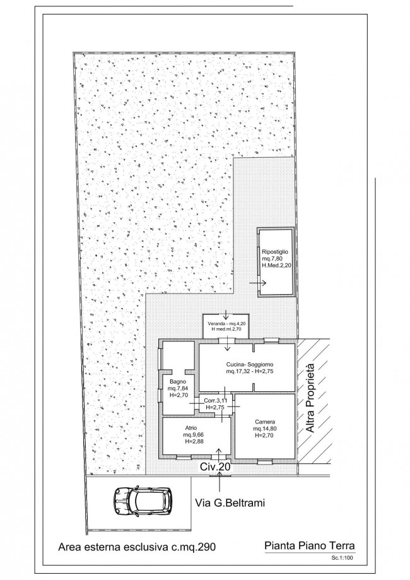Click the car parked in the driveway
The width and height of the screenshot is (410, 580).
pyautogui.click(x=143, y=500)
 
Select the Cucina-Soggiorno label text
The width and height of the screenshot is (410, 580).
pyautogui.click(x=250, y=365)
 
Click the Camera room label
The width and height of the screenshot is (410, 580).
pyautogui.click(x=265, y=422)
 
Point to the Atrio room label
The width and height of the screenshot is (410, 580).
pyautogui.click(x=191, y=428)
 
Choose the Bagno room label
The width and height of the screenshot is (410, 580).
pyautogui.click(x=177, y=381)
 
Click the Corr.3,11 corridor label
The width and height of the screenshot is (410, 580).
pyautogui.click(x=216, y=400)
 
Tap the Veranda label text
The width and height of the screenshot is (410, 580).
pyautogui.click(x=215, y=323)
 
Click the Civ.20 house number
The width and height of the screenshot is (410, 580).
pyautogui.click(x=215, y=467)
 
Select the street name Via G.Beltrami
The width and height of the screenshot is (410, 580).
pyautogui.click(x=230, y=503)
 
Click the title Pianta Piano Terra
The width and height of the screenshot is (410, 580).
pyautogui.click(x=310, y=545)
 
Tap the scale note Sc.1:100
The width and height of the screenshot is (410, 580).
pyautogui.click(x=343, y=559)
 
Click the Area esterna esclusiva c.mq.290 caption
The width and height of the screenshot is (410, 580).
pyautogui.click(x=137, y=547)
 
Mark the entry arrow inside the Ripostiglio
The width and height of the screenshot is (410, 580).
pyautogui.click(x=258, y=283)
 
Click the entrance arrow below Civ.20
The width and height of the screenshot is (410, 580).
pyautogui.click(x=220, y=482)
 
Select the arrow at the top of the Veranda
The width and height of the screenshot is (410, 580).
pyautogui.click(x=226, y=315)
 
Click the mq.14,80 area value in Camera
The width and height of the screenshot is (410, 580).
pyautogui.click(x=265, y=429)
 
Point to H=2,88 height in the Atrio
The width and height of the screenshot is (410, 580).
pyautogui.click(x=194, y=441)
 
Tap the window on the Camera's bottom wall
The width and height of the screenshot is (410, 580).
pyautogui.click(x=265, y=461)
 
